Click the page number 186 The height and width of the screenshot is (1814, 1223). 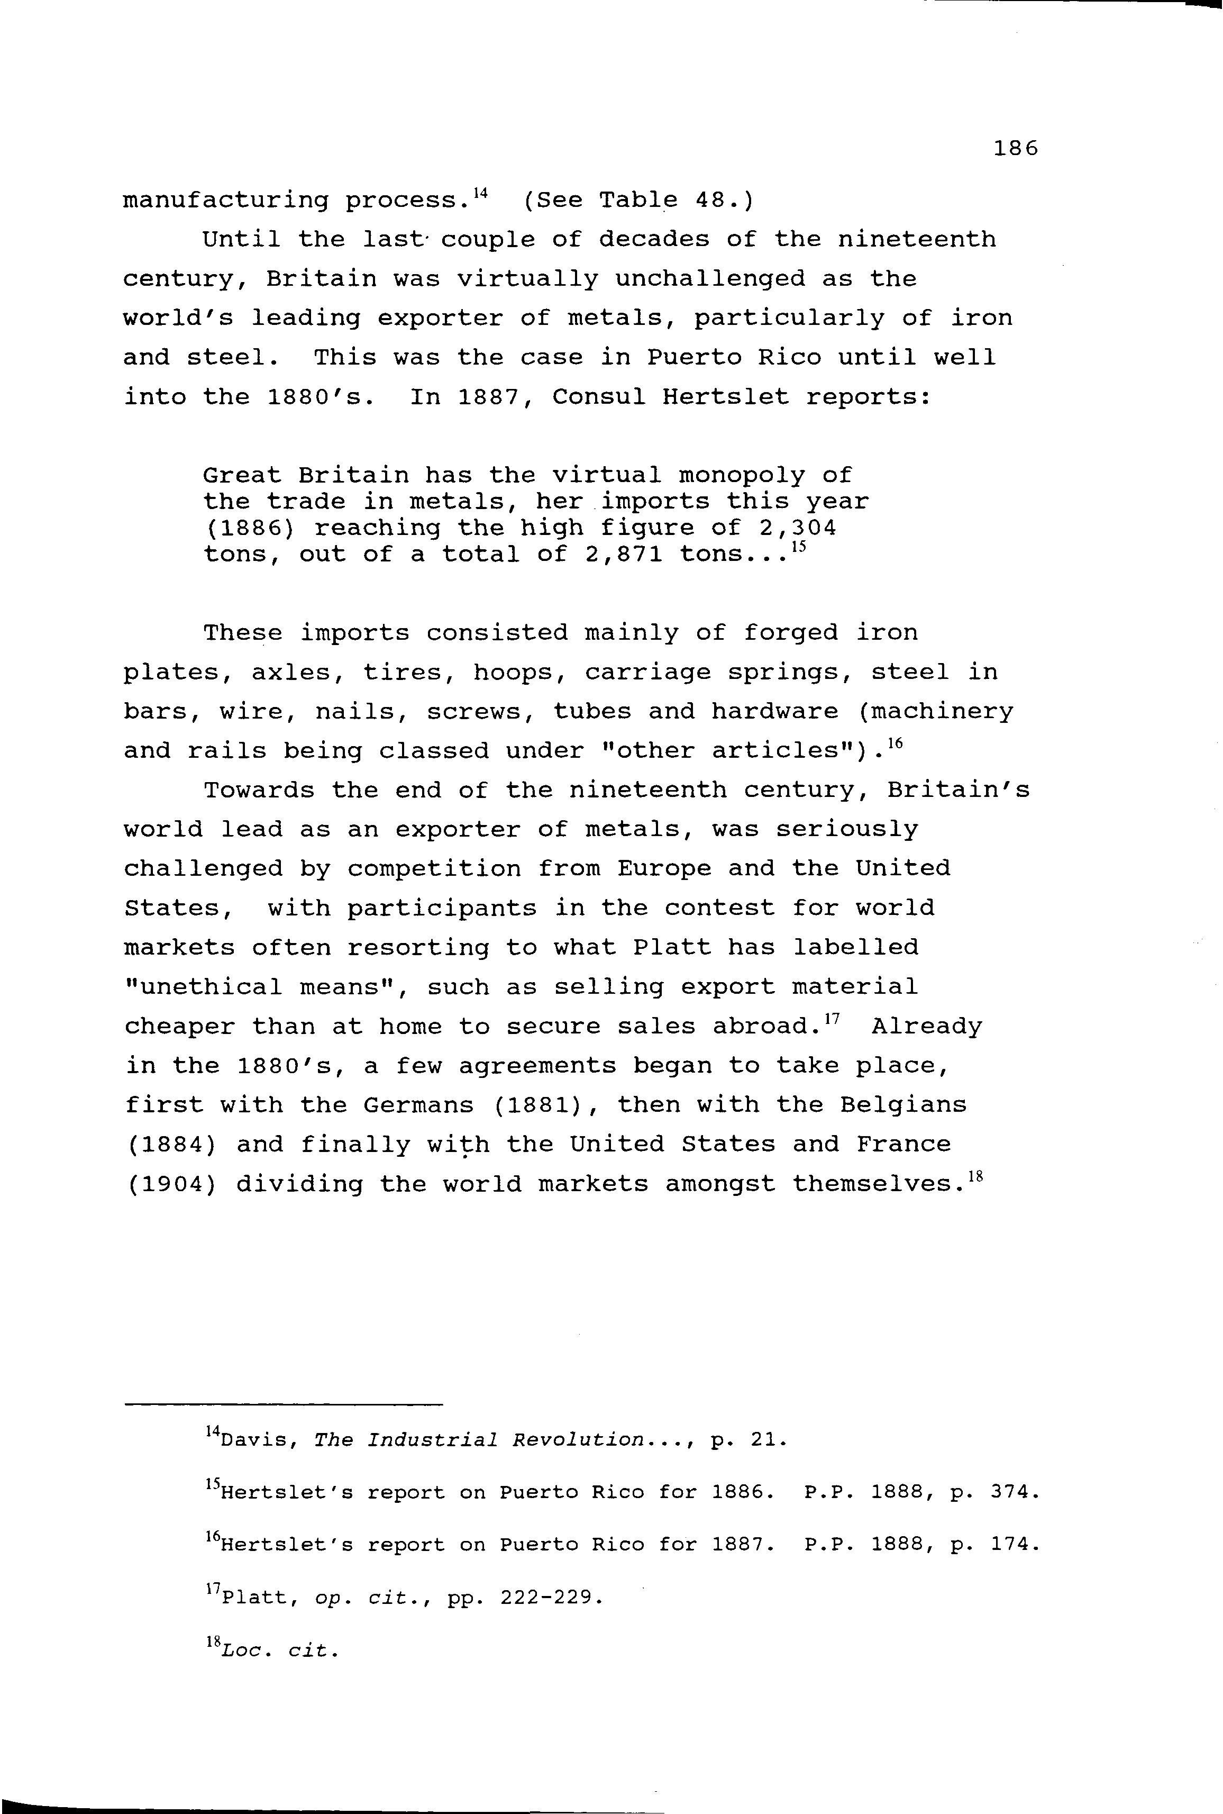tap(1016, 148)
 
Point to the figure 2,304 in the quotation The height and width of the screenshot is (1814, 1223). tap(797, 528)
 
